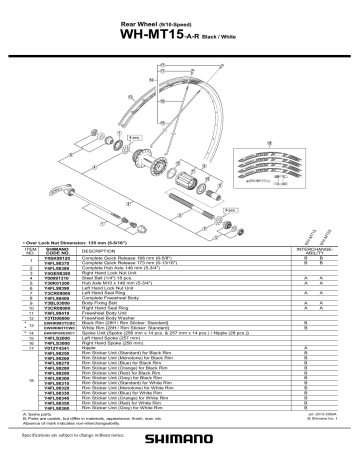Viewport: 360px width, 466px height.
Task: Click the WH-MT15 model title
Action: coord(160,33)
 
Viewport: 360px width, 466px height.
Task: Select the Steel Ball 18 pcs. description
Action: coord(109,280)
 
